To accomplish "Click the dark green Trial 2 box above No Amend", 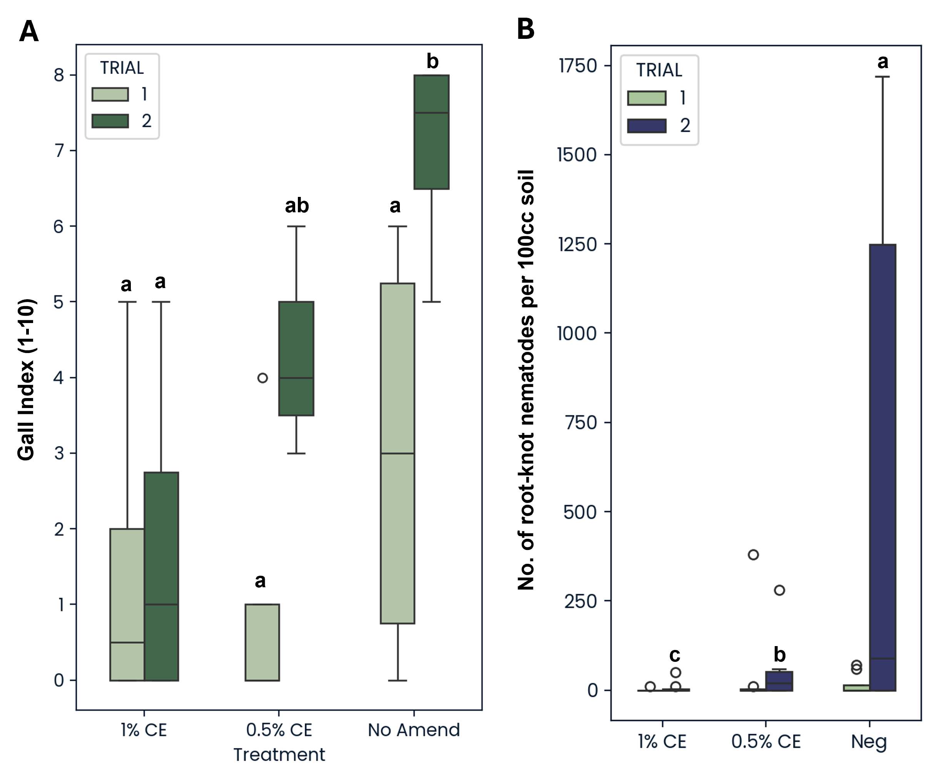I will point(431,132).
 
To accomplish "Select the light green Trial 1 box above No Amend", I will point(398,453).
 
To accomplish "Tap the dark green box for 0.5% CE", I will point(296,358).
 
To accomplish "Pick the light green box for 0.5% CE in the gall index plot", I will point(262,642).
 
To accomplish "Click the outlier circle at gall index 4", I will point(262,378).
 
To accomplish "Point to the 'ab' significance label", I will point(297,206).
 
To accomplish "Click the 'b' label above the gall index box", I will point(432,62).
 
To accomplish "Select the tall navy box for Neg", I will point(882,467).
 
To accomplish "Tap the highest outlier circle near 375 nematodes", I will point(753,555).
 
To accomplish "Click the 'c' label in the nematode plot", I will point(675,655).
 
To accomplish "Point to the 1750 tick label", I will point(577,66).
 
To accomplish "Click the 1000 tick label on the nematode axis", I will point(577,333).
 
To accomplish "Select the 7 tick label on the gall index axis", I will point(59,151).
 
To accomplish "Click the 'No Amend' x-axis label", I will point(414,730).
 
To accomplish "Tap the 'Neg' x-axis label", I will point(869,741).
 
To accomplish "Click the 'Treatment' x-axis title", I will point(279,755).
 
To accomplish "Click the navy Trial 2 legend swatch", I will point(647,126).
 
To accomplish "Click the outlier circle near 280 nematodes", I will point(779,590).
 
